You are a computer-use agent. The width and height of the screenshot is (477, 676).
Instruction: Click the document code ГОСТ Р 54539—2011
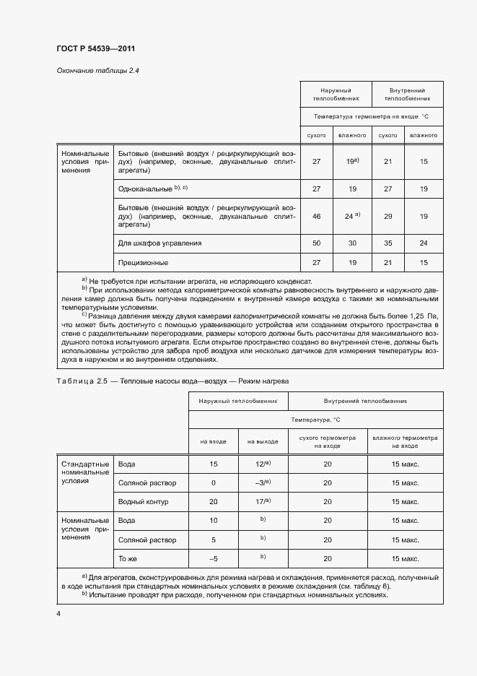(x=96, y=49)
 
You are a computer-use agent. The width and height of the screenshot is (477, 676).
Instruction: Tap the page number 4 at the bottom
(x=58, y=613)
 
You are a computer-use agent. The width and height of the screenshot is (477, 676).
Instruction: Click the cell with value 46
(x=316, y=216)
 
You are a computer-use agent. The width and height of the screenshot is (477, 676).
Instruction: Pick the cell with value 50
(x=316, y=243)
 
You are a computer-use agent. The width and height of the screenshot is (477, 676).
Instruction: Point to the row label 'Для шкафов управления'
(x=159, y=243)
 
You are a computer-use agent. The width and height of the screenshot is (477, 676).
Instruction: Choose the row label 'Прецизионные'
(x=143, y=262)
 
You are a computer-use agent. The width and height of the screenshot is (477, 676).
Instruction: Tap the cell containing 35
(x=388, y=243)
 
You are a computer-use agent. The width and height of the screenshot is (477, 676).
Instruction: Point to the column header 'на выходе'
(x=262, y=440)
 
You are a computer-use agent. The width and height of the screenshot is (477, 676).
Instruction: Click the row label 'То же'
(x=128, y=558)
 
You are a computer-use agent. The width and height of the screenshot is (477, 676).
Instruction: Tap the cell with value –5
(x=213, y=558)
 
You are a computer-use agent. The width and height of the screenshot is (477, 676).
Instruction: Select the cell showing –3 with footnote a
(x=262, y=482)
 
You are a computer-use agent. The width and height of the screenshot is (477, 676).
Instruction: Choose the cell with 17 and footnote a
(x=262, y=501)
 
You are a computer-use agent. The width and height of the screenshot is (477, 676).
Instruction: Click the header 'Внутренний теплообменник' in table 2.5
(x=366, y=399)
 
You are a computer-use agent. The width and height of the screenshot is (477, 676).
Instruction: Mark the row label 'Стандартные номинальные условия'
(x=85, y=472)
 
